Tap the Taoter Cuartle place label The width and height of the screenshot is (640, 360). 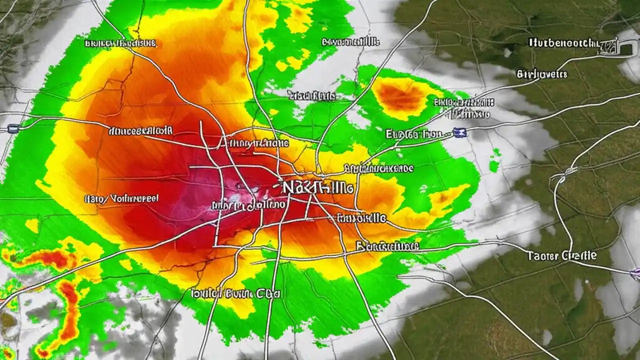[x=561, y=255]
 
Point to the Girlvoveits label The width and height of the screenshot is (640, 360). [x=542, y=75]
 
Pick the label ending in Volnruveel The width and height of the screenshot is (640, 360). [x=121, y=198]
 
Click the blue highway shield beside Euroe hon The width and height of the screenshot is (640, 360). [x=458, y=132]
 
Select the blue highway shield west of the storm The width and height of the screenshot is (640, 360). [x=13, y=128]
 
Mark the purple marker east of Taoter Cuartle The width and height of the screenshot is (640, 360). [x=635, y=273]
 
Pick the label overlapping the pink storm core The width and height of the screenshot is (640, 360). [x=248, y=204]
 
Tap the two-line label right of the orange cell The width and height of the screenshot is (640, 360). [x=462, y=108]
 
